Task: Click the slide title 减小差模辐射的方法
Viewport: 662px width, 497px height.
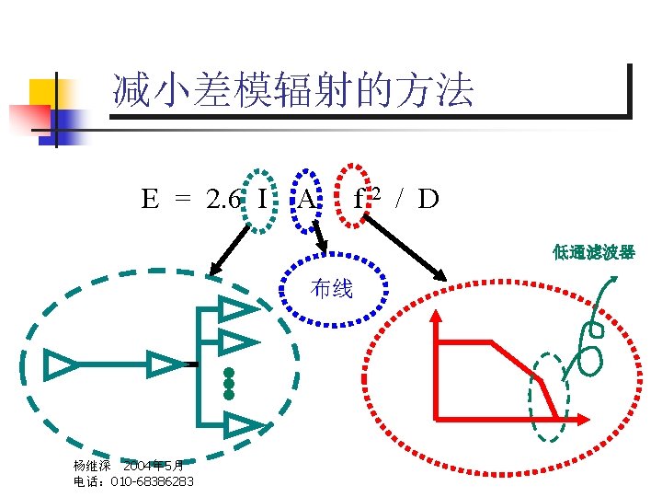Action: coord(292,91)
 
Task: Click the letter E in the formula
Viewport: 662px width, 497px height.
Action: coord(149,199)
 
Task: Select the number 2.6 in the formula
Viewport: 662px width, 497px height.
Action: coord(224,199)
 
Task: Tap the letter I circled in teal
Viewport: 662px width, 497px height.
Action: coord(263,199)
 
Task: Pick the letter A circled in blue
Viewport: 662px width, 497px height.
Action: coord(306,199)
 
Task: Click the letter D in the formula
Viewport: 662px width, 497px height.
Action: coord(428,199)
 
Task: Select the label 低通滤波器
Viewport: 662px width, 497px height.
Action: coord(593,252)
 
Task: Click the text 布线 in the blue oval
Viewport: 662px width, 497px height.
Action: coord(332,289)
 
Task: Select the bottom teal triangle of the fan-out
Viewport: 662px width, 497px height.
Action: coord(242,425)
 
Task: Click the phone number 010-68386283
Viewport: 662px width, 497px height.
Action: coord(152,481)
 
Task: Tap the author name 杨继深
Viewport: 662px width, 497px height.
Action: coord(92,467)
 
